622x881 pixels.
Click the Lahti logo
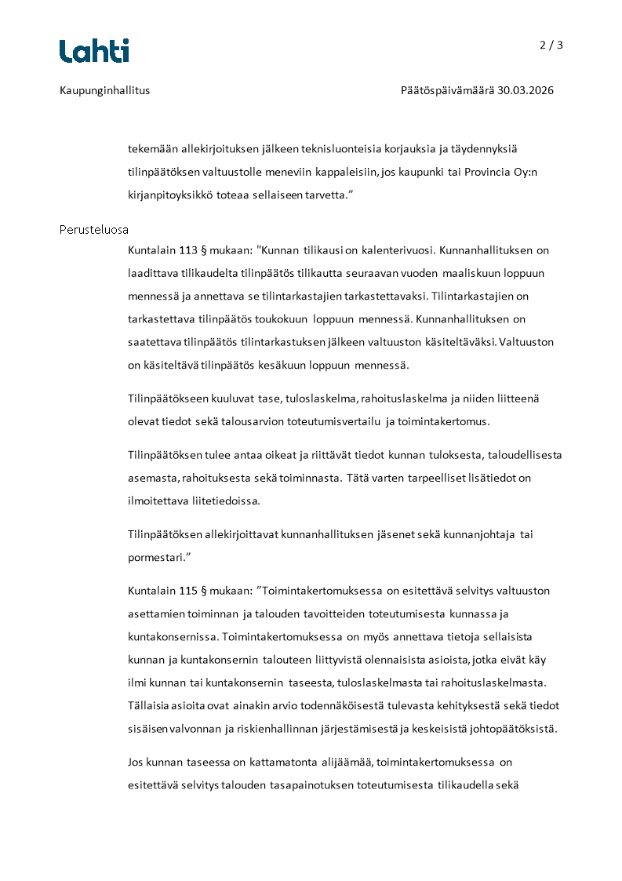click(94, 51)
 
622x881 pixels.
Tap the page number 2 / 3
click(551, 45)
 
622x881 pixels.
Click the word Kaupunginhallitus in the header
click(104, 90)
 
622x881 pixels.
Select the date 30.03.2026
click(526, 90)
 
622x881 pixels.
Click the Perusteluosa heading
click(94, 230)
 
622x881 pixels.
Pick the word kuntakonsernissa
click(172, 635)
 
